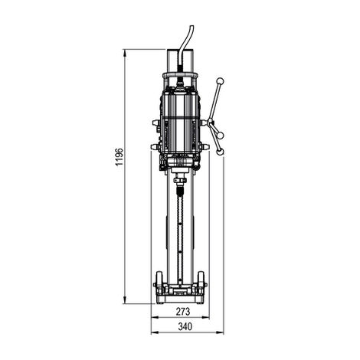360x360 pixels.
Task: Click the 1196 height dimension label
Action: coord(119,157)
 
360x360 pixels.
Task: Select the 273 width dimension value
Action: coord(183,312)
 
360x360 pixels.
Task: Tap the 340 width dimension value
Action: coord(185,326)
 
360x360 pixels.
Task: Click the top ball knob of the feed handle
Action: coord(220,81)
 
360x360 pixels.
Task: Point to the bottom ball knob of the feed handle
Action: coord(220,152)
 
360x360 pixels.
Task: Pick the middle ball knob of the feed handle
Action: coord(221,135)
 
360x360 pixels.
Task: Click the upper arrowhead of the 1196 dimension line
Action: coord(125,53)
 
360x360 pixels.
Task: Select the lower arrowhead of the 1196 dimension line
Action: coord(125,300)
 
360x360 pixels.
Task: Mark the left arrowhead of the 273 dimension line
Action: coord(155,317)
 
